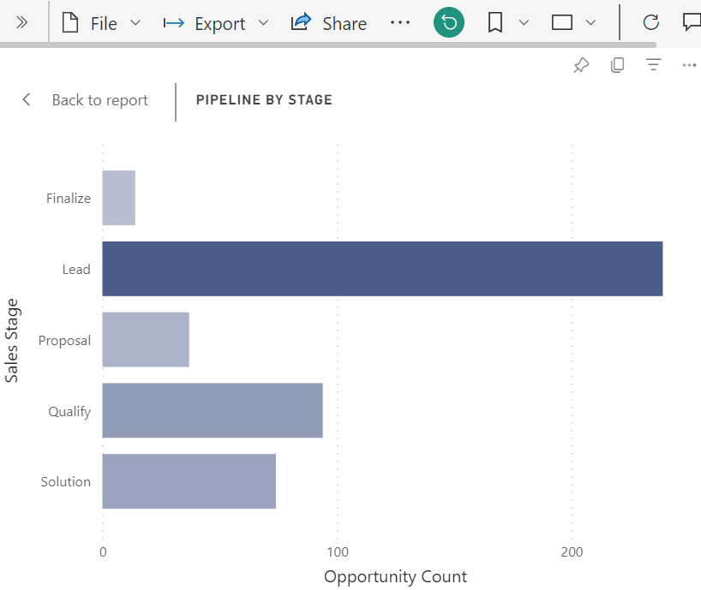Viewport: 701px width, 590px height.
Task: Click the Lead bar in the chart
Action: point(382,269)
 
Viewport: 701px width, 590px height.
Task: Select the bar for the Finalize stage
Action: point(118,198)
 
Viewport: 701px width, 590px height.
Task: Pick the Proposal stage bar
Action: point(146,340)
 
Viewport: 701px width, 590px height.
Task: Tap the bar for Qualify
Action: point(213,411)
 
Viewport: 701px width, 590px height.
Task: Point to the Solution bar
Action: point(189,481)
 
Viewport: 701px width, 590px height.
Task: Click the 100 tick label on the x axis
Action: point(337,552)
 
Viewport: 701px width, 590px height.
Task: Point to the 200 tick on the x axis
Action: point(572,552)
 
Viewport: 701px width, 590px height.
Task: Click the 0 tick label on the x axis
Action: point(103,552)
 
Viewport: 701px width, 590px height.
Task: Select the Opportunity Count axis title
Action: point(395,576)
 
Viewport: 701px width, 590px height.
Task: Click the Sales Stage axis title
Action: point(11,340)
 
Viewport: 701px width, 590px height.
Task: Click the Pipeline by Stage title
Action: point(264,100)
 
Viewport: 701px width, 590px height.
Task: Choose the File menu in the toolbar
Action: point(101,23)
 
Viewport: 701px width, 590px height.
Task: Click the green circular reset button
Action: point(449,23)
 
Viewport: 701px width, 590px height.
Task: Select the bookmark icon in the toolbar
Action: point(495,23)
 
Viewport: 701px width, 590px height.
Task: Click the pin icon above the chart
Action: point(581,66)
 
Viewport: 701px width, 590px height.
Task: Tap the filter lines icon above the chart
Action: point(653,66)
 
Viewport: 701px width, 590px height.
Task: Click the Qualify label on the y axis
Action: point(69,411)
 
